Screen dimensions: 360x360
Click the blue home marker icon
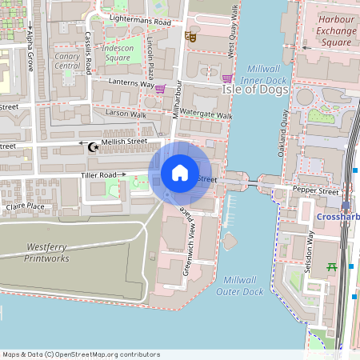click(180, 172)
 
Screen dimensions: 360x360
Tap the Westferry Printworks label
click(47, 253)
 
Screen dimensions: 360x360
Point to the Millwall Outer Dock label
click(240, 286)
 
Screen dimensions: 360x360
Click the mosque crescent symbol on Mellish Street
click(93, 146)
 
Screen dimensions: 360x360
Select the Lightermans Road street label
click(140, 20)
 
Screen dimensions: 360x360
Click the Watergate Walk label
click(206, 114)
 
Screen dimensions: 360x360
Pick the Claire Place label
click(25, 206)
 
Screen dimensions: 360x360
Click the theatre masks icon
click(190, 36)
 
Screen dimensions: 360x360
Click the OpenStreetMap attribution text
click(81, 354)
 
